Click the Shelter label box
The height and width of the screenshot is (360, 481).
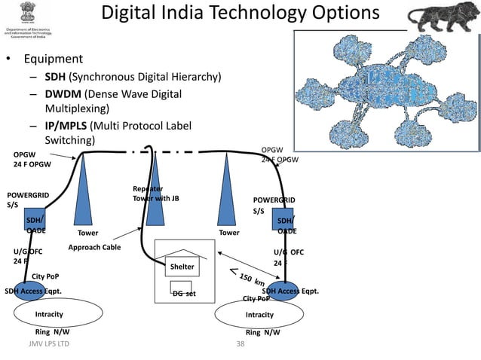(x=182, y=267)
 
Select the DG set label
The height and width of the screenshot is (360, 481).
(x=183, y=294)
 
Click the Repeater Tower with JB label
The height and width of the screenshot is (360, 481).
(x=156, y=194)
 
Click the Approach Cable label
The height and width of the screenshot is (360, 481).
(x=94, y=247)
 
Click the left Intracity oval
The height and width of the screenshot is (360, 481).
(x=50, y=313)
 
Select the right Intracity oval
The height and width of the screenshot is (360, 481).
(x=259, y=314)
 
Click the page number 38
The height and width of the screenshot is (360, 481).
(x=240, y=343)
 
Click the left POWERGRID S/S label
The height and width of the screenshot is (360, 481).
(x=28, y=199)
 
